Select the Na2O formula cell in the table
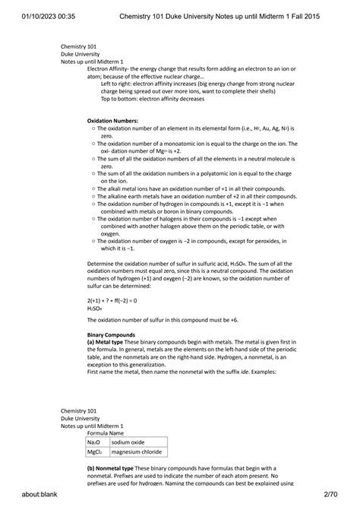pyautogui.click(x=96, y=442)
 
